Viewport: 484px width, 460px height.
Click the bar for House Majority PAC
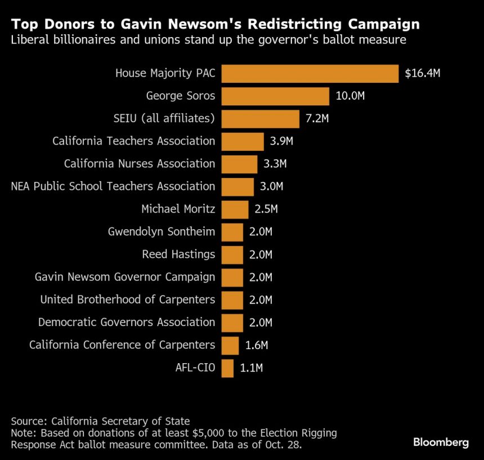point(310,74)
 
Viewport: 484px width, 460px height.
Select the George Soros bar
point(275,96)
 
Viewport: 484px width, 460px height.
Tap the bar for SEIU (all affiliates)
point(260,119)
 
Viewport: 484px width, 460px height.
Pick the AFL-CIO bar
point(227,368)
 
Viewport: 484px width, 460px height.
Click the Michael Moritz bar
point(235,209)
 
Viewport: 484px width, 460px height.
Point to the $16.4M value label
point(423,74)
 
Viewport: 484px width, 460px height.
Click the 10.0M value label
point(350,96)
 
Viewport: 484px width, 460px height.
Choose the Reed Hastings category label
point(178,254)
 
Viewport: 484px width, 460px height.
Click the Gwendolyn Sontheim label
point(162,232)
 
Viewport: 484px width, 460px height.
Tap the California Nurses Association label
point(139,164)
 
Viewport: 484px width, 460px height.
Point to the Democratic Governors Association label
point(127,323)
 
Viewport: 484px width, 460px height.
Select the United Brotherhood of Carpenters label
point(127,300)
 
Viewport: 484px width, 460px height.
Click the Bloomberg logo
point(441,443)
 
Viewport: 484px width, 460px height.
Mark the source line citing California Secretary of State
point(100,421)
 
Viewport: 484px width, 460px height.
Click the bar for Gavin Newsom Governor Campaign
point(232,277)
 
